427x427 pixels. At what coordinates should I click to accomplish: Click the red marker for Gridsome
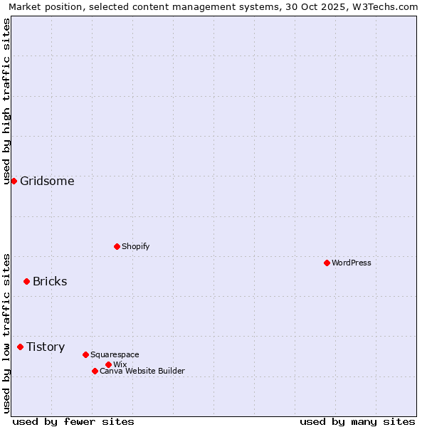pyautogui.click(x=14, y=181)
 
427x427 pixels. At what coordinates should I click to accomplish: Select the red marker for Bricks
pyautogui.click(x=26, y=281)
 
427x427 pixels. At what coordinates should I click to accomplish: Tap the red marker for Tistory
pyautogui.click(x=20, y=347)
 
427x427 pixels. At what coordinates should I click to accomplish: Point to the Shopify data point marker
pyautogui.click(x=117, y=246)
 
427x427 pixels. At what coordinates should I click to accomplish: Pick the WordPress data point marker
pyautogui.click(x=327, y=263)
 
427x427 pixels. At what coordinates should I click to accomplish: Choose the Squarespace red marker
pyautogui.click(x=85, y=354)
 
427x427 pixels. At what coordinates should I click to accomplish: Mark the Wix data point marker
pyautogui.click(x=108, y=364)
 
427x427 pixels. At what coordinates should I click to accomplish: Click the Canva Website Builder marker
pyautogui.click(x=95, y=371)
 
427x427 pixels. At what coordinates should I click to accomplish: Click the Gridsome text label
pyautogui.click(x=47, y=181)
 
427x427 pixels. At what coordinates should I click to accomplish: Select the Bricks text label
pyautogui.click(x=50, y=281)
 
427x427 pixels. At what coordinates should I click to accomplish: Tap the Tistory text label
pyautogui.click(x=46, y=347)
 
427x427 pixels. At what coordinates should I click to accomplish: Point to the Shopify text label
pyautogui.click(x=135, y=246)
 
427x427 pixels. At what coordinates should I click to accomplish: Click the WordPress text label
pyautogui.click(x=351, y=263)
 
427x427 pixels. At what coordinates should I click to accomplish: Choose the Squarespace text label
pyautogui.click(x=115, y=354)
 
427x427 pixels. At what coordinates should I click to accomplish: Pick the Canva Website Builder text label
pyautogui.click(x=142, y=371)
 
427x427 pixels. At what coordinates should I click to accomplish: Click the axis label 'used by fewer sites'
pyautogui.click(x=73, y=421)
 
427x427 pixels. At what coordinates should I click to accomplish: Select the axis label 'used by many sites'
pyautogui.click(x=357, y=421)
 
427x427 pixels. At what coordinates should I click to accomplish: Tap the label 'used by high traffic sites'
pyautogui.click(x=6, y=101)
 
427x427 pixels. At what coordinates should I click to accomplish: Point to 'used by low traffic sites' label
pyautogui.click(x=6, y=333)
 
